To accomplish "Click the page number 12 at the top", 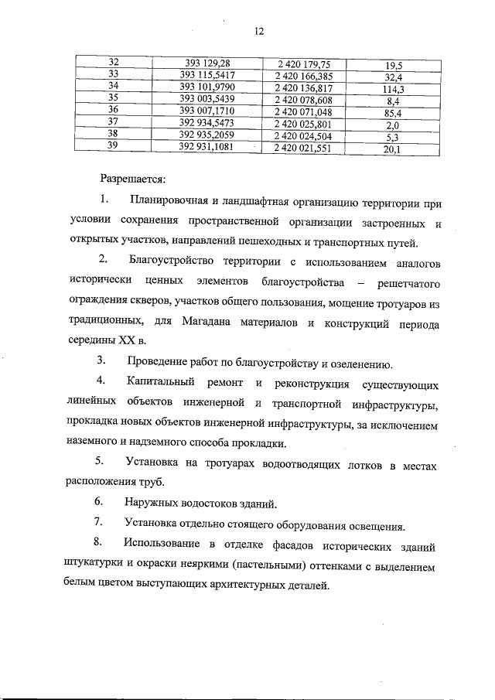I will pyautogui.click(x=258, y=31).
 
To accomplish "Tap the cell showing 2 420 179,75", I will pyautogui.click(x=298, y=63).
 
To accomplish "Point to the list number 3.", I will pyautogui.click(x=101, y=360).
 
